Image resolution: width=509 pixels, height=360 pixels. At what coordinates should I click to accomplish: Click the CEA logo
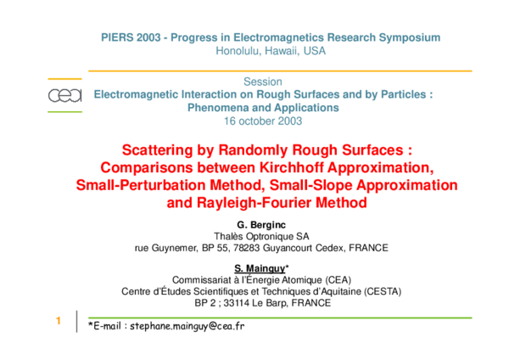tap(64, 96)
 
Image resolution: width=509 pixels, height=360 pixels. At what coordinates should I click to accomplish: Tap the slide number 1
tap(58, 321)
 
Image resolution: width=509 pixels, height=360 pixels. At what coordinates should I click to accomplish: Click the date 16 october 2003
tap(262, 121)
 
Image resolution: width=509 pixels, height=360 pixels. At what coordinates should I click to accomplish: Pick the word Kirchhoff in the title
tap(297, 166)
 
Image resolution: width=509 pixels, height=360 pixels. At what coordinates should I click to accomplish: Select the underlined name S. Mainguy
tap(260, 268)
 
